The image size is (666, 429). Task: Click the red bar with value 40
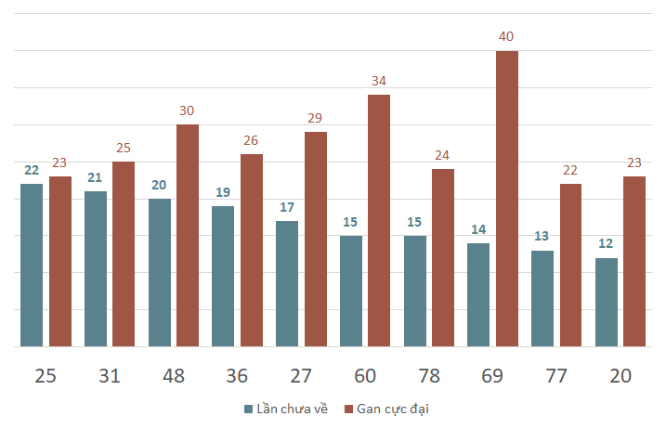coord(507,199)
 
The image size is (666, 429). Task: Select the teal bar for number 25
coord(32,265)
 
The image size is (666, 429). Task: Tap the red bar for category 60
coord(379,220)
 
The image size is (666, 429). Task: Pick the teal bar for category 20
coord(607,302)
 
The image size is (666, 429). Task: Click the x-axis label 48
coord(174,376)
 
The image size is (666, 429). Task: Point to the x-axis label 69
coord(492,376)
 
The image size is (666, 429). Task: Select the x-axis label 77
coord(556,376)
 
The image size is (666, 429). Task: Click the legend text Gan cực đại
coord(394,409)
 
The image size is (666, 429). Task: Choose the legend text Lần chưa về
coord(292,409)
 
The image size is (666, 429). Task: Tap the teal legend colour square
coord(249,409)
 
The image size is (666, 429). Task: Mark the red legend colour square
coord(349,409)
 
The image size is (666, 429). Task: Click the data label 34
coord(379,81)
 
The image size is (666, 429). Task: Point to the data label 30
coord(188,110)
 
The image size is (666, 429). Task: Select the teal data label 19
coord(223,192)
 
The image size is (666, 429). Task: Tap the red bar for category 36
coord(252,250)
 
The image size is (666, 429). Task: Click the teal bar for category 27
coord(287,283)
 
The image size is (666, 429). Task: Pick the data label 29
coord(316,118)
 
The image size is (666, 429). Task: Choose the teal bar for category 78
coord(415,291)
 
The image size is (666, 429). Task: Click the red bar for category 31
coord(124,253)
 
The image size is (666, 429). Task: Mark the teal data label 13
coord(542,236)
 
